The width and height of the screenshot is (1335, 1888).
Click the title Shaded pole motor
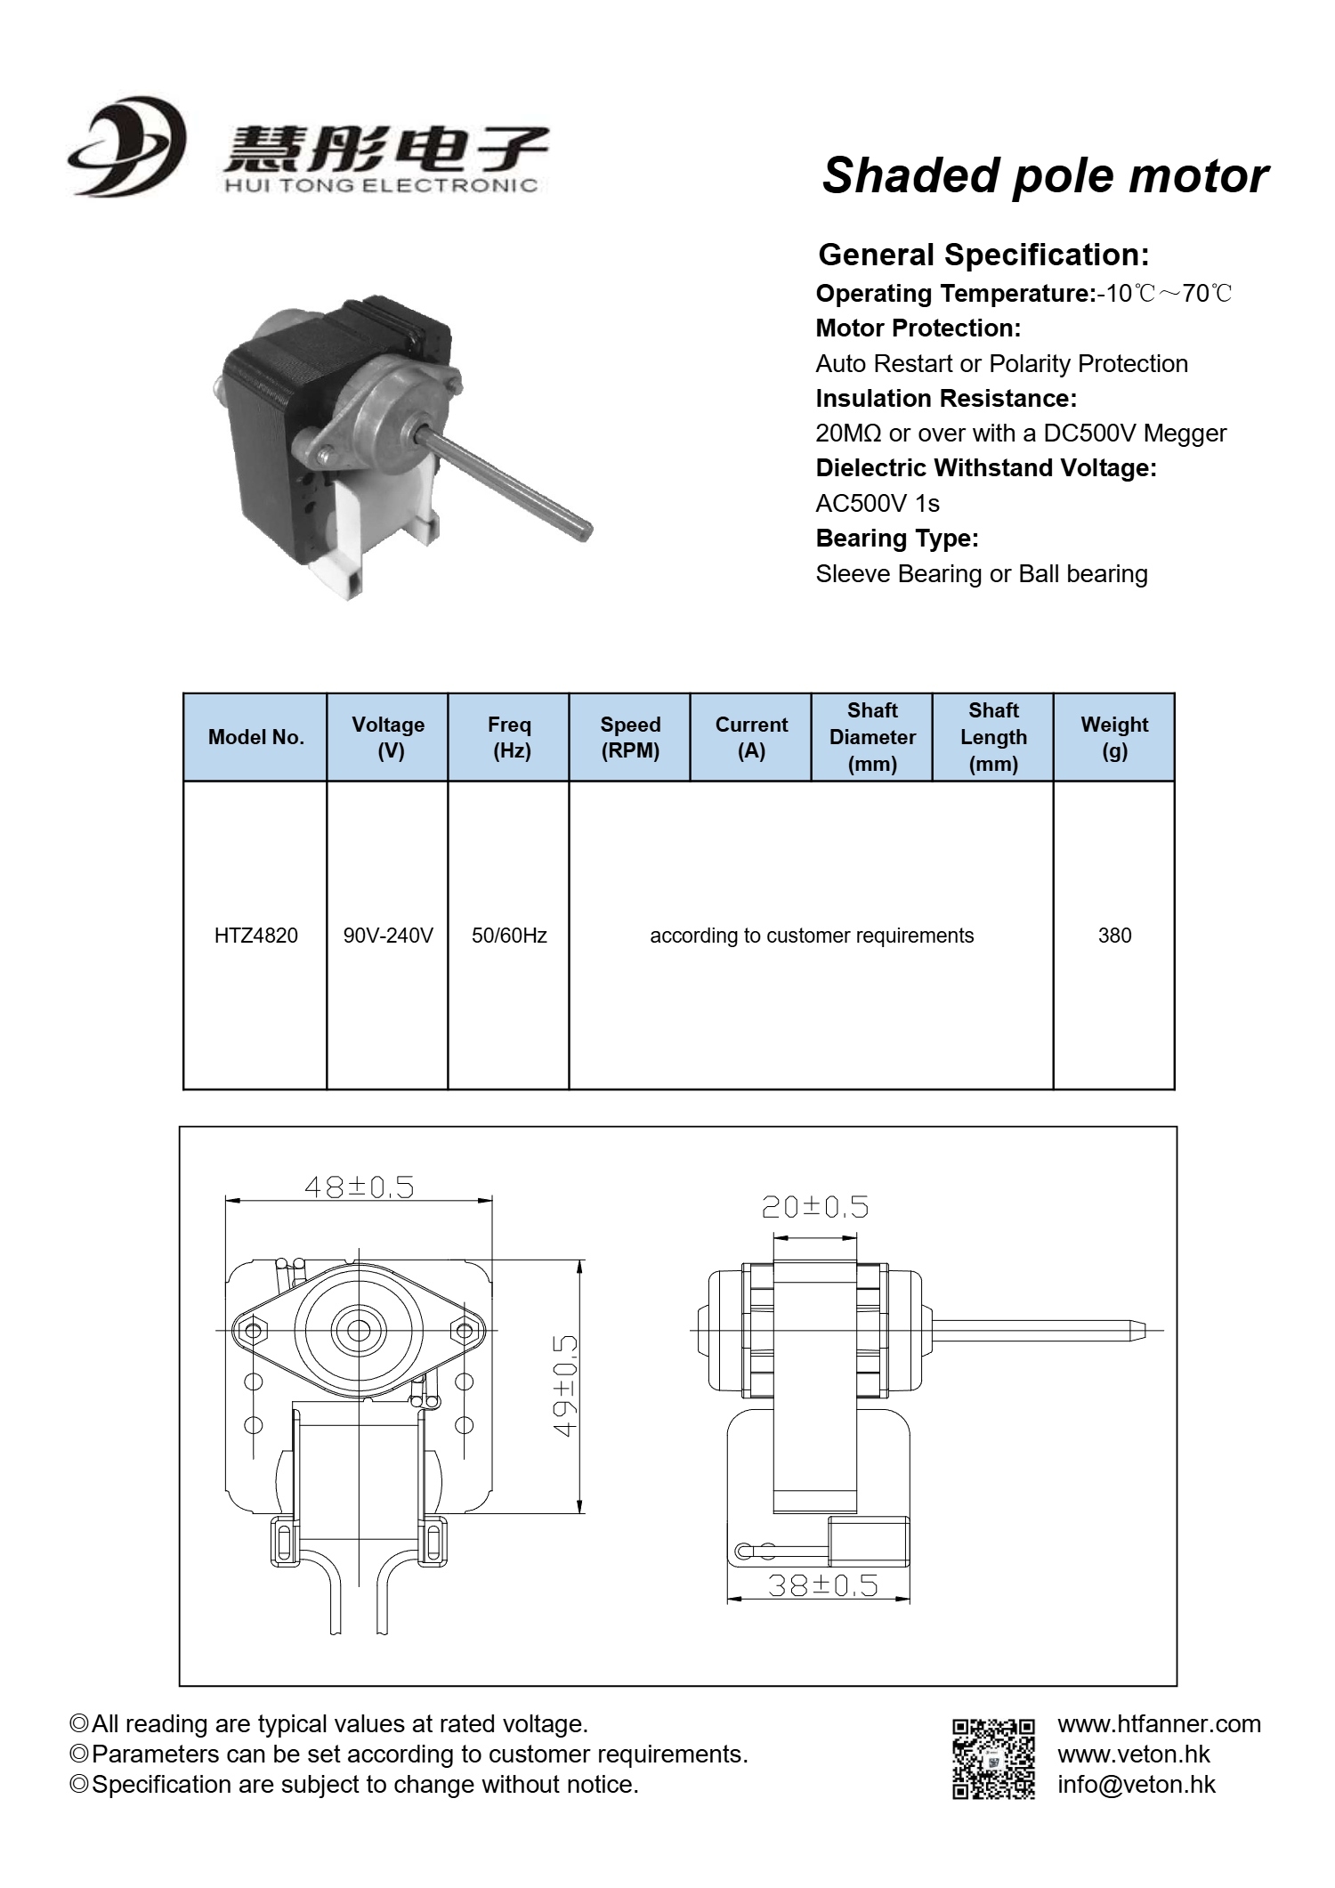tap(1045, 175)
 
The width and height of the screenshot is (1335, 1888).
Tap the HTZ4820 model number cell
tap(255, 936)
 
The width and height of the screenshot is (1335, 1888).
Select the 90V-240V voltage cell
tap(388, 936)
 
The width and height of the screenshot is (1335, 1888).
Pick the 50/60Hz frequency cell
tap(509, 936)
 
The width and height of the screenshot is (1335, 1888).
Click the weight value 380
tap(1114, 936)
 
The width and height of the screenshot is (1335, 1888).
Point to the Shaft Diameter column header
tap(872, 737)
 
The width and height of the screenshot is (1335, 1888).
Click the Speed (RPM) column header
tap(630, 737)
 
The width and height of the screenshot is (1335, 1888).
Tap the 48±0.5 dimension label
tap(359, 1187)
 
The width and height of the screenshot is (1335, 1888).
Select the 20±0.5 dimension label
tap(814, 1207)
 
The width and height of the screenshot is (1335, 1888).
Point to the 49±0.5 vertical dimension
tap(565, 1385)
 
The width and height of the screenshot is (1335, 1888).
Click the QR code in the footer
tap(993, 1759)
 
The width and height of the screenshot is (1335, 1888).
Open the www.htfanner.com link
tap(1159, 1724)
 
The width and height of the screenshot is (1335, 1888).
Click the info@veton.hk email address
tap(1136, 1784)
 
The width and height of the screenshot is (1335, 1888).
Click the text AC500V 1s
tap(878, 504)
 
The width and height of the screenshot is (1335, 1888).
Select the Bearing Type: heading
tap(897, 539)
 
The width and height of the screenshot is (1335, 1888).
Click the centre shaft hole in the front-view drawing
tap(359, 1331)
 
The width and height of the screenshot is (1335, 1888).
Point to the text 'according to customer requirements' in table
tap(812, 936)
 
